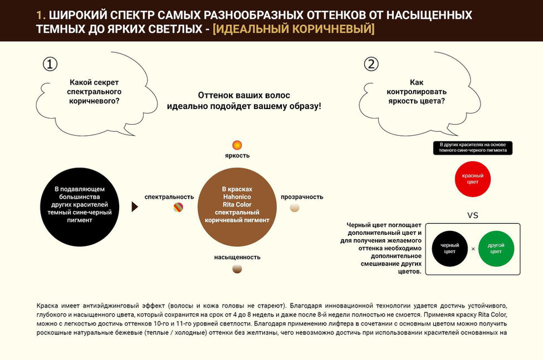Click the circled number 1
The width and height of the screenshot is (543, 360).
pos(50,65)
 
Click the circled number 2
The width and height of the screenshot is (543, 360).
pos(371,65)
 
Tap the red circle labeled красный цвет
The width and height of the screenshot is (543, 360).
pos(473,179)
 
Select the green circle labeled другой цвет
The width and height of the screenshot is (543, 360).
pos(496,249)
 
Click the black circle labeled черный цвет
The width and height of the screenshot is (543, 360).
pos(449,249)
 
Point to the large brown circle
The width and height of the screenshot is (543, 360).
pos(237,208)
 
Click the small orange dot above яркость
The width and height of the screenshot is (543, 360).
pos(237,145)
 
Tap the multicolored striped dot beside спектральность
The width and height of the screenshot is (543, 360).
pos(178,208)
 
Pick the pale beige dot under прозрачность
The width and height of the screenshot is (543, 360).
pos(295,208)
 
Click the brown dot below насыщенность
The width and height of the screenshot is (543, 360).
pos(237,269)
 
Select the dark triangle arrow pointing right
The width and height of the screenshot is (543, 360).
pos(135,207)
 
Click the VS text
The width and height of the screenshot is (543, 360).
pos(472,215)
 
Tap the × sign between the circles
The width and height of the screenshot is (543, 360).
pos(473,249)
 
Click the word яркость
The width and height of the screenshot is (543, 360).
pos(237,155)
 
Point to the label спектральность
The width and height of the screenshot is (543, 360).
pos(169,196)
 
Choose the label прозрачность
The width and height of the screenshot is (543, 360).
pos(302,196)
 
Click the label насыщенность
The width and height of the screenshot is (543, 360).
pos(237,257)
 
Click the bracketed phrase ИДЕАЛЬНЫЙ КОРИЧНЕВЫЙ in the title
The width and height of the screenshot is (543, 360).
pos(293,29)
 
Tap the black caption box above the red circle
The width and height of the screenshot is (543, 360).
pos(473,148)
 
